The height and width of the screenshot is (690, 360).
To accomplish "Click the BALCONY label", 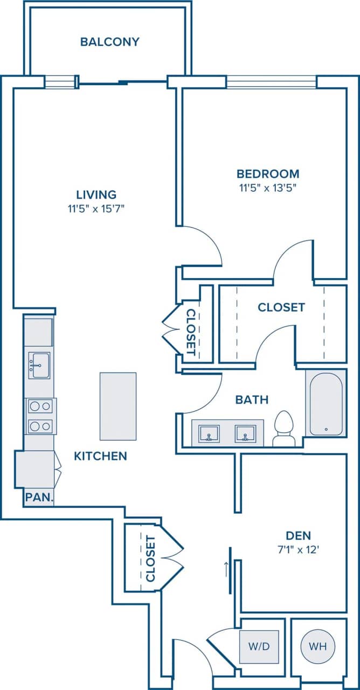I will coord(110,42).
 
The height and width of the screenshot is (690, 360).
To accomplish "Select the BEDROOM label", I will coord(268,174).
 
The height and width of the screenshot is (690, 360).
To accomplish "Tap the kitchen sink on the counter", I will coord(39,365).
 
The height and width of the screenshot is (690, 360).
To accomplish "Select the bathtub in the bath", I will coord(326,403).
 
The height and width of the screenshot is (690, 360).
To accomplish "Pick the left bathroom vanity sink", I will coord(209,433).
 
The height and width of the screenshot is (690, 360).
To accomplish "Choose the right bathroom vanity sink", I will coord(245,433).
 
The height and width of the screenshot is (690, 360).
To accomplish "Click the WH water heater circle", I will coord(319,646).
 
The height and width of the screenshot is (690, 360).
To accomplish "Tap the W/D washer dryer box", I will coord(259,646).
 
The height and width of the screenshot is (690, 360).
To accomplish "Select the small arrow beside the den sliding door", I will coord(226,568).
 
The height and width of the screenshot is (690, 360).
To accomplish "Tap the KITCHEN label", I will coord(100,456).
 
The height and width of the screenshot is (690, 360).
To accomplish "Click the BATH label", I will coord(252,400).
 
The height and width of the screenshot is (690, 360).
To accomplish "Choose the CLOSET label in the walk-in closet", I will coord(281,307).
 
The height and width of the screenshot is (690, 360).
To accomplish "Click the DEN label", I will coord(298,535).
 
